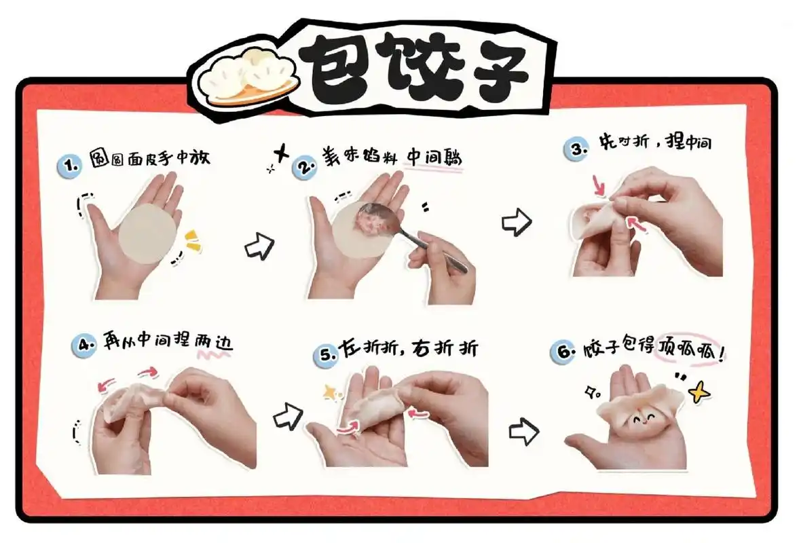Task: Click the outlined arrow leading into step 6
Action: pyautogui.click(x=523, y=431)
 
